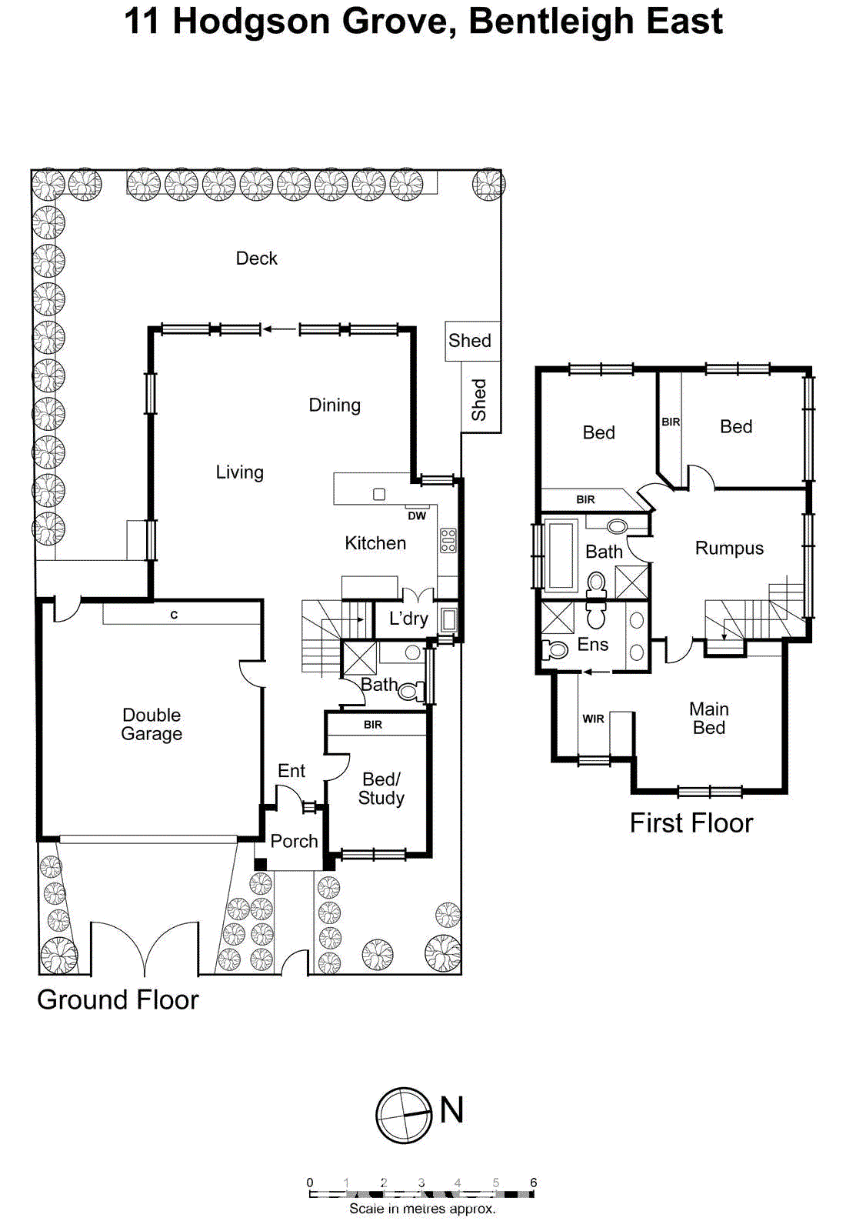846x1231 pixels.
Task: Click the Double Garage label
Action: [152, 724]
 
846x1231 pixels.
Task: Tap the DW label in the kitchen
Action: [417, 515]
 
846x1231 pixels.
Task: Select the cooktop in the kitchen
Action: [448, 540]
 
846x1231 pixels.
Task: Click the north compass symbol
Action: [404, 1115]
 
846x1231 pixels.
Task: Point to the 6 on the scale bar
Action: [533, 1183]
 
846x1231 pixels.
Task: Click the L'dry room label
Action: [408, 619]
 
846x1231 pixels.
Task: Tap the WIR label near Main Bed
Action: [593, 719]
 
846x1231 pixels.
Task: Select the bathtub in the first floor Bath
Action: [560, 554]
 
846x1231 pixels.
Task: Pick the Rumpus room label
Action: [729, 549]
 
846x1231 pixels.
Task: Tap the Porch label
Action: [294, 841]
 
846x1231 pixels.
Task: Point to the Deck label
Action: [256, 259]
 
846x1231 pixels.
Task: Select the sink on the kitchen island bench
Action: [379, 495]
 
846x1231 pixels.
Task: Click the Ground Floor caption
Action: [118, 999]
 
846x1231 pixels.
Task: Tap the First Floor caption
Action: [691, 822]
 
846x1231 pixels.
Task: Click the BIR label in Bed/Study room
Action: [373, 725]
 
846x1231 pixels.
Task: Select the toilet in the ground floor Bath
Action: [410, 691]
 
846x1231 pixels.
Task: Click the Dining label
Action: [335, 405]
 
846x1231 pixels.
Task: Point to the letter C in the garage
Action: [174, 615]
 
